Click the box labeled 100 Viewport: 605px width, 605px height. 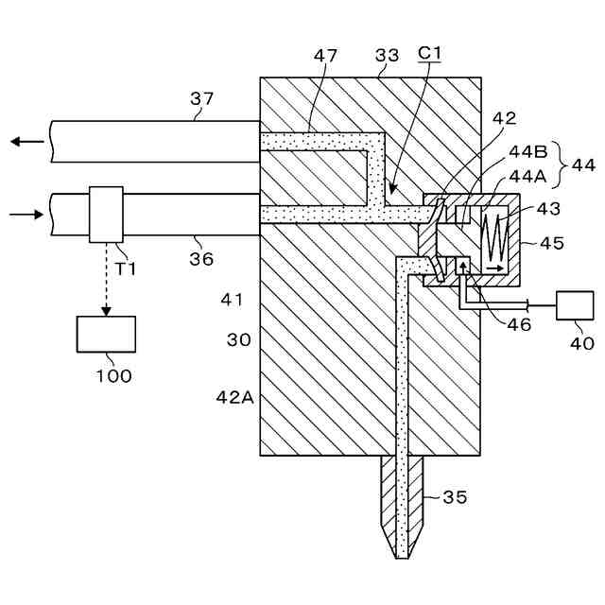[x=106, y=334]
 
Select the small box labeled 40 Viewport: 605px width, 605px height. [x=576, y=307]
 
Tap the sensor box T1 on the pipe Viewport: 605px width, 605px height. [x=106, y=215]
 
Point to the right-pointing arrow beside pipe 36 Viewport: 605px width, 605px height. [x=26, y=215]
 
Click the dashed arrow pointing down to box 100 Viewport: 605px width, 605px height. [x=106, y=279]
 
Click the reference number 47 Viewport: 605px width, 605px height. [x=326, y=57]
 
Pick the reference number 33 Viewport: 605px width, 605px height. [x=388, y=57]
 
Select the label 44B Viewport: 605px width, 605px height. [x=527, y=151]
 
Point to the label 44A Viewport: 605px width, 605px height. [x=527, y=177]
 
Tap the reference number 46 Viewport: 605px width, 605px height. [x=518, y=324]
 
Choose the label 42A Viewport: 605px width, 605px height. [x=235, y=398]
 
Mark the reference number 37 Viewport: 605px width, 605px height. [x=201, y=98]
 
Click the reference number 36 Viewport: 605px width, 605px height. [x=200, y=257]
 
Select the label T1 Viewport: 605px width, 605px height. [x=126, y=268]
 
